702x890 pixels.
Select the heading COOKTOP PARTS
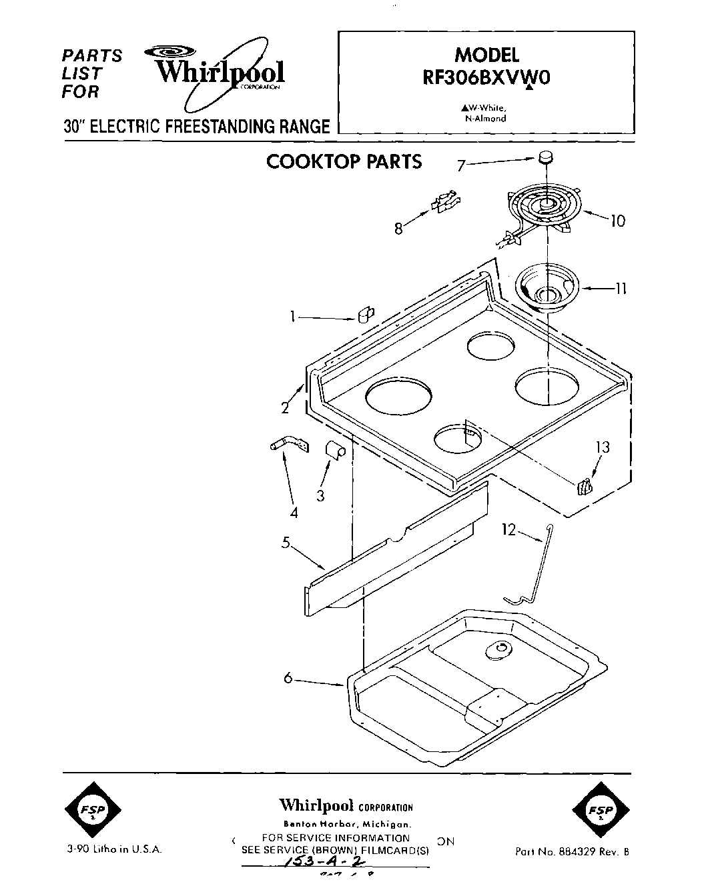pos(344,162)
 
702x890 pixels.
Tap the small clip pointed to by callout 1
pos(366,315)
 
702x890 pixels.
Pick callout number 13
pos(603,447)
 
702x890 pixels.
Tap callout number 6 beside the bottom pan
pos(288,677)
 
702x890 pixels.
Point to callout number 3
pos(320,495)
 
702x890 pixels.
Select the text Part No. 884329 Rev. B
pos(571,851)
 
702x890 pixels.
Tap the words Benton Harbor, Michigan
pos(345,825)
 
